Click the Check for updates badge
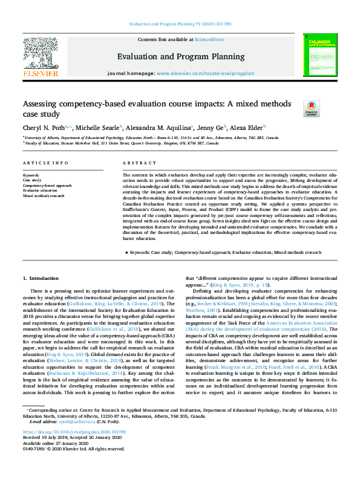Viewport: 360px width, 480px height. pos(310,109)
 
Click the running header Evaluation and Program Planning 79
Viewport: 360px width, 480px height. pos(180,24)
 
